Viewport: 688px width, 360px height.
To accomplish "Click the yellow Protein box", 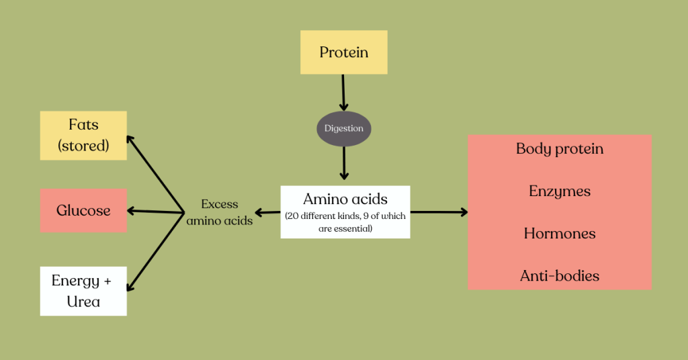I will tap(343, 52).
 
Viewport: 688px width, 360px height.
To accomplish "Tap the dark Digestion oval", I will tap(344, 128).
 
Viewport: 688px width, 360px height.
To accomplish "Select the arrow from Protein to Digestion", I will tap(343, 92).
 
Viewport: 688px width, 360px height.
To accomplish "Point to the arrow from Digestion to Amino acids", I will tap(344, 163).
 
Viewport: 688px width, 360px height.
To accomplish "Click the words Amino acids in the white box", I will tap(345, 199).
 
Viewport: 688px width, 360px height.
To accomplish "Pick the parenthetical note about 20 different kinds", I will tap(345, 222).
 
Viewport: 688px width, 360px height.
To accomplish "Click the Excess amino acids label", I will tap(220, 212).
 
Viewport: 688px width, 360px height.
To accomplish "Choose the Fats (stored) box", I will tap(83, 135).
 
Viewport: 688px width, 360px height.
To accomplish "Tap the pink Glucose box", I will tap(83, 211).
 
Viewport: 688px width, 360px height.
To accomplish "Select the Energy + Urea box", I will tap(83, 291).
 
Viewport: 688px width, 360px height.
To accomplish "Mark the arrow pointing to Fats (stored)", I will tap(156, 173).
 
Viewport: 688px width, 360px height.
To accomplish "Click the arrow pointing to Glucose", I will tap(156, 212).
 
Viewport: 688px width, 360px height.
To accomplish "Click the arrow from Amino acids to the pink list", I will tap(439, 212).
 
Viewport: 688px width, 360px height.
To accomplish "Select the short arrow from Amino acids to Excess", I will tap(267, 213).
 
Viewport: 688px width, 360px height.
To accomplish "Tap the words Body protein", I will tap(560, 149).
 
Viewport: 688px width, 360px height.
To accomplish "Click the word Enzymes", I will tap(560, 191).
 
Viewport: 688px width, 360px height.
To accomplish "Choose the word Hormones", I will tap(560, 234).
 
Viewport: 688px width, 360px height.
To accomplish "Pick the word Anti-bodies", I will tap(560, 275).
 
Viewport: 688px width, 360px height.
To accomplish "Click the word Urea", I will tap(83, 302).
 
